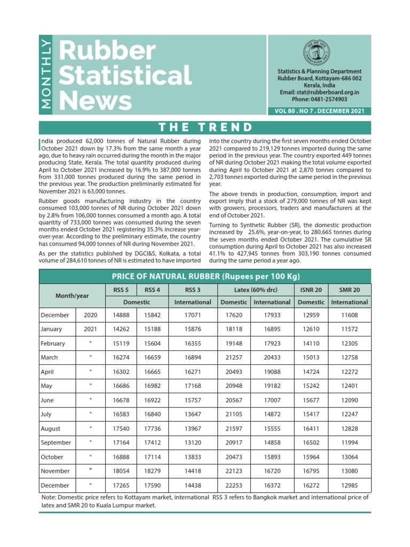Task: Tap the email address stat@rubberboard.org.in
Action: pos(319,92)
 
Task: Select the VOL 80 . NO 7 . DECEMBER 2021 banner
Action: pos(319,111)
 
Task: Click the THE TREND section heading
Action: pos(205,127)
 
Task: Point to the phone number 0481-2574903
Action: pos(319,99)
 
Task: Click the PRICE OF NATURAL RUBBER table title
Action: pos(206,276)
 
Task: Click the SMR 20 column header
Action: pos(350,290)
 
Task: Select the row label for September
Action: pos(56,442)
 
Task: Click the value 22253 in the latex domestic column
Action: pos(234,485)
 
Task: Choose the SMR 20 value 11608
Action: pos(350,315)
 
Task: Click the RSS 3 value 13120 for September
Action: pos(193,442)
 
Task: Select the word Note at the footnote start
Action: pos(50,498)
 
